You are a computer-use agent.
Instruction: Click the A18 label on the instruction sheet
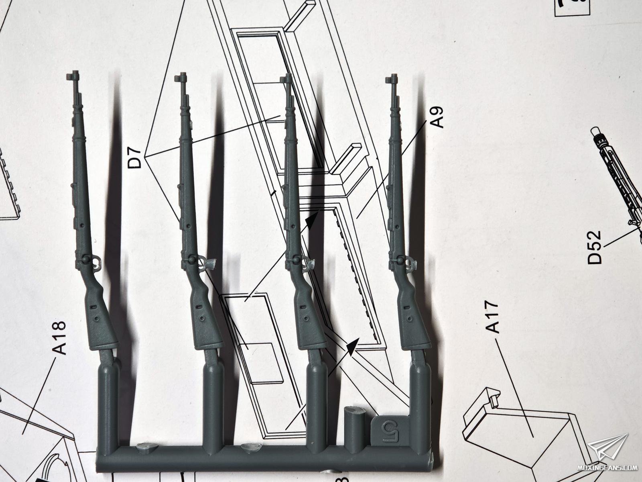coord(59,338)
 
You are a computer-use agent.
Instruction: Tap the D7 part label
coord(135,158)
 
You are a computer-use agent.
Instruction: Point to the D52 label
coord(595,247)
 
